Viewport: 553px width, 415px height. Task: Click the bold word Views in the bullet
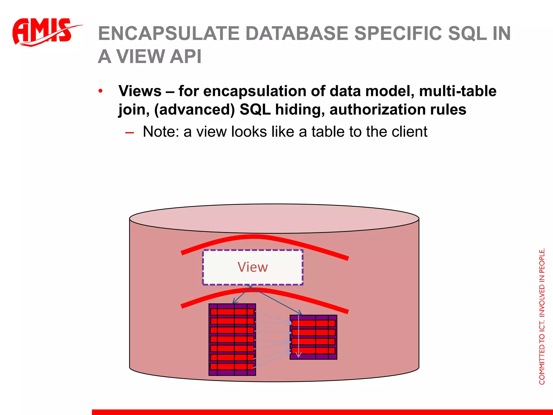coord(140,91)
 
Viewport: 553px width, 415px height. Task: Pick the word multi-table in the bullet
coord(458,91)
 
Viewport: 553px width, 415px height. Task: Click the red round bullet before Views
coord(100,91)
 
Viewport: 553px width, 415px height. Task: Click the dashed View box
coord(253,267)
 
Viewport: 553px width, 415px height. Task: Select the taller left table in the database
coord(232,339)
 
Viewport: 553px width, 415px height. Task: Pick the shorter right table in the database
coord(313,337)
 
